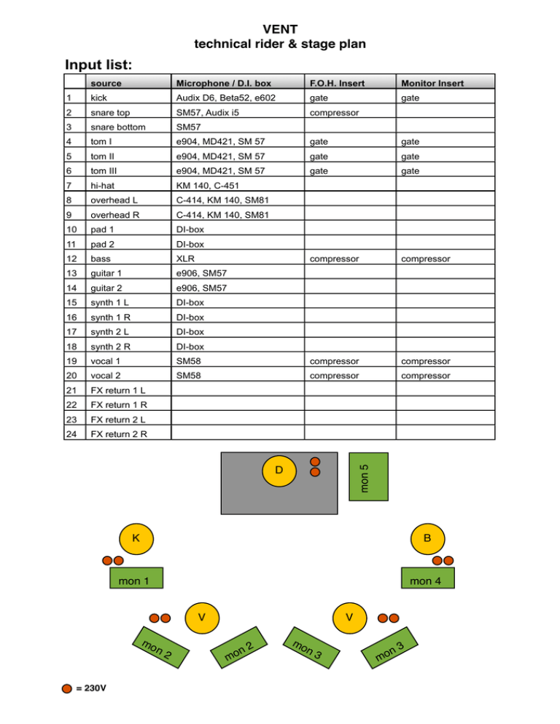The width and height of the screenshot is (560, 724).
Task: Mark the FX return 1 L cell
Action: (x=117, y=390)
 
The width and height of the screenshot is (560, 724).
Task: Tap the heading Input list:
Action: (x=109, y=66)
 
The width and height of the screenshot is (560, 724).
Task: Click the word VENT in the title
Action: (x=279, y=30)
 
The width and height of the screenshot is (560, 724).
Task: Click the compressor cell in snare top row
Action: (x=334, y=112)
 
